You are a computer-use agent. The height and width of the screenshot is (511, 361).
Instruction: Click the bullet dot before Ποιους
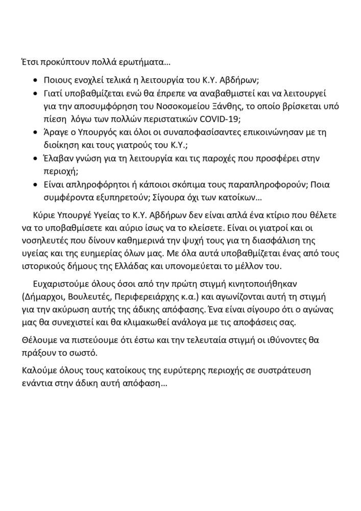pos(35,81)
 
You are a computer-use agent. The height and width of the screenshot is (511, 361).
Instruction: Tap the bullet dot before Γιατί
pos(35,94)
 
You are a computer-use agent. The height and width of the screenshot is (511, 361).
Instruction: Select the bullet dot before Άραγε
pos(35,132)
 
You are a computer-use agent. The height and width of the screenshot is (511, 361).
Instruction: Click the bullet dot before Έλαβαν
pos(35,158)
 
